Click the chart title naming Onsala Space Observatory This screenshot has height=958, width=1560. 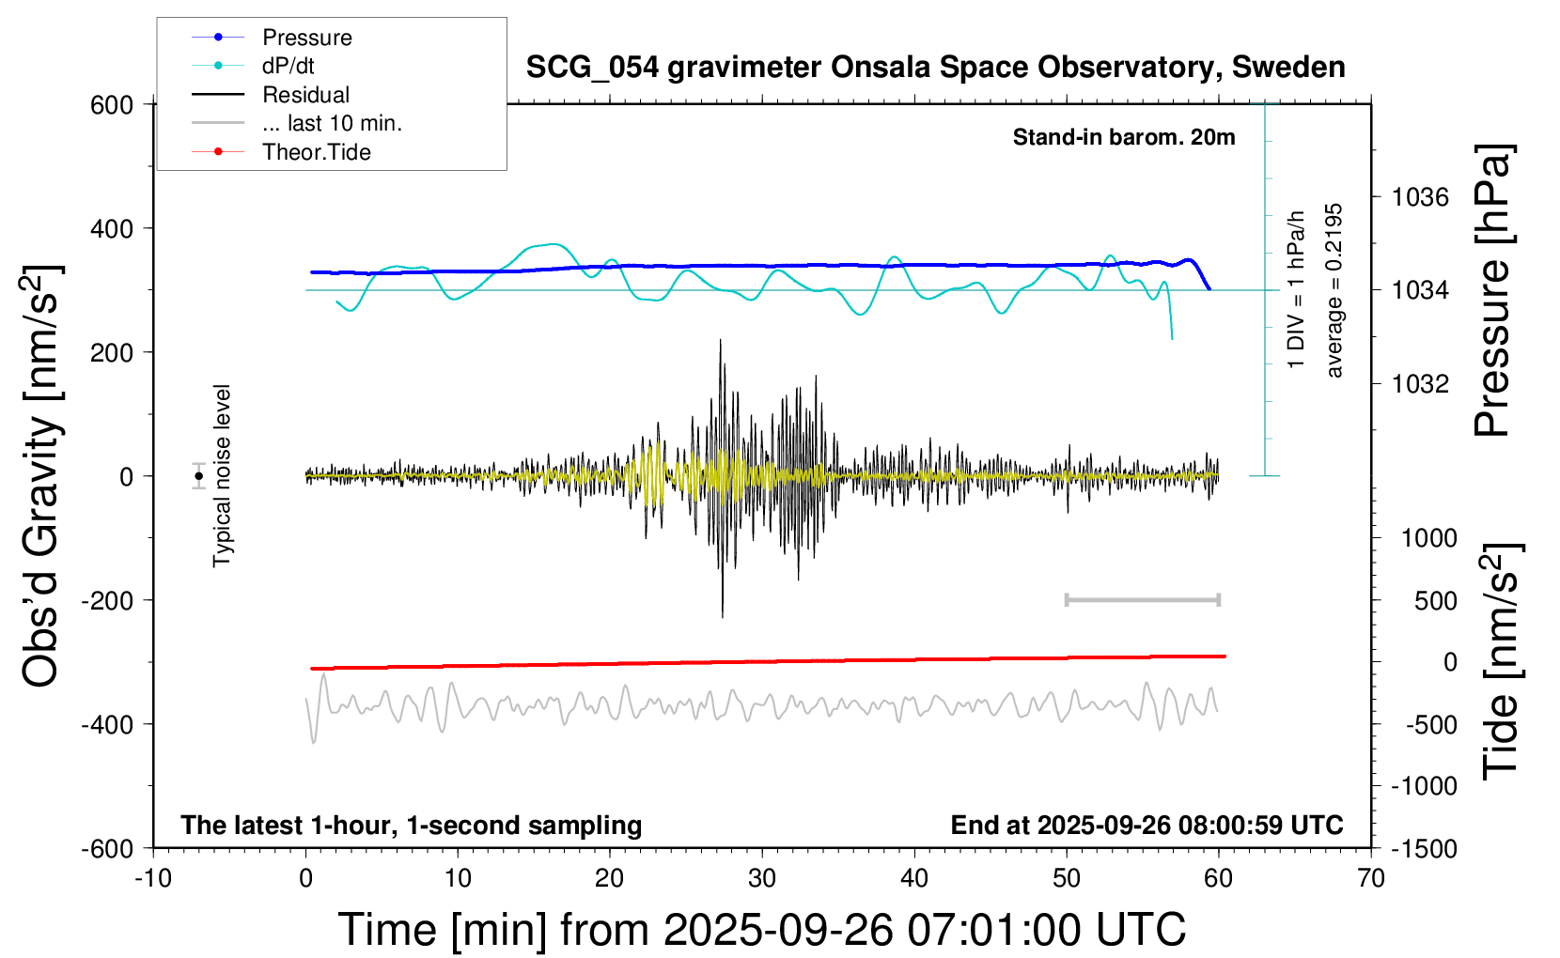pos(935,68)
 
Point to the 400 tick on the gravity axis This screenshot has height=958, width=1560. pos(112,228)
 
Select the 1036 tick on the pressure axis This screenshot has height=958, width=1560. pos(1420,197)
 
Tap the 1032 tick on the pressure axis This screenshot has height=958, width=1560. pos(1420,383)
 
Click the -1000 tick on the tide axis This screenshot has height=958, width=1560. pos(1424,786)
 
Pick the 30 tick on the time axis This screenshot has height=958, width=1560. pos(762,879)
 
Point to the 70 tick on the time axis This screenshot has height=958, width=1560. pos(1371,879)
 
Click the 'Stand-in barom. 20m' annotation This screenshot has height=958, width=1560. pos(1123,137)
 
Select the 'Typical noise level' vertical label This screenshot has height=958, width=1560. pos(222,475)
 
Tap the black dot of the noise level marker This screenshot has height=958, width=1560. pos(199,476)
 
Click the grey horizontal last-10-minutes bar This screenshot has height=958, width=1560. pos(1142,600)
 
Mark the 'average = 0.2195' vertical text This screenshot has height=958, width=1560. pos(1334,290)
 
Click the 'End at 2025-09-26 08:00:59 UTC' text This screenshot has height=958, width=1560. pos(1147,826)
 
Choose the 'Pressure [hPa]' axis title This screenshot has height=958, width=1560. pos(1493,290)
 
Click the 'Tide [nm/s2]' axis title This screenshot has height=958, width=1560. pos(1501,661)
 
